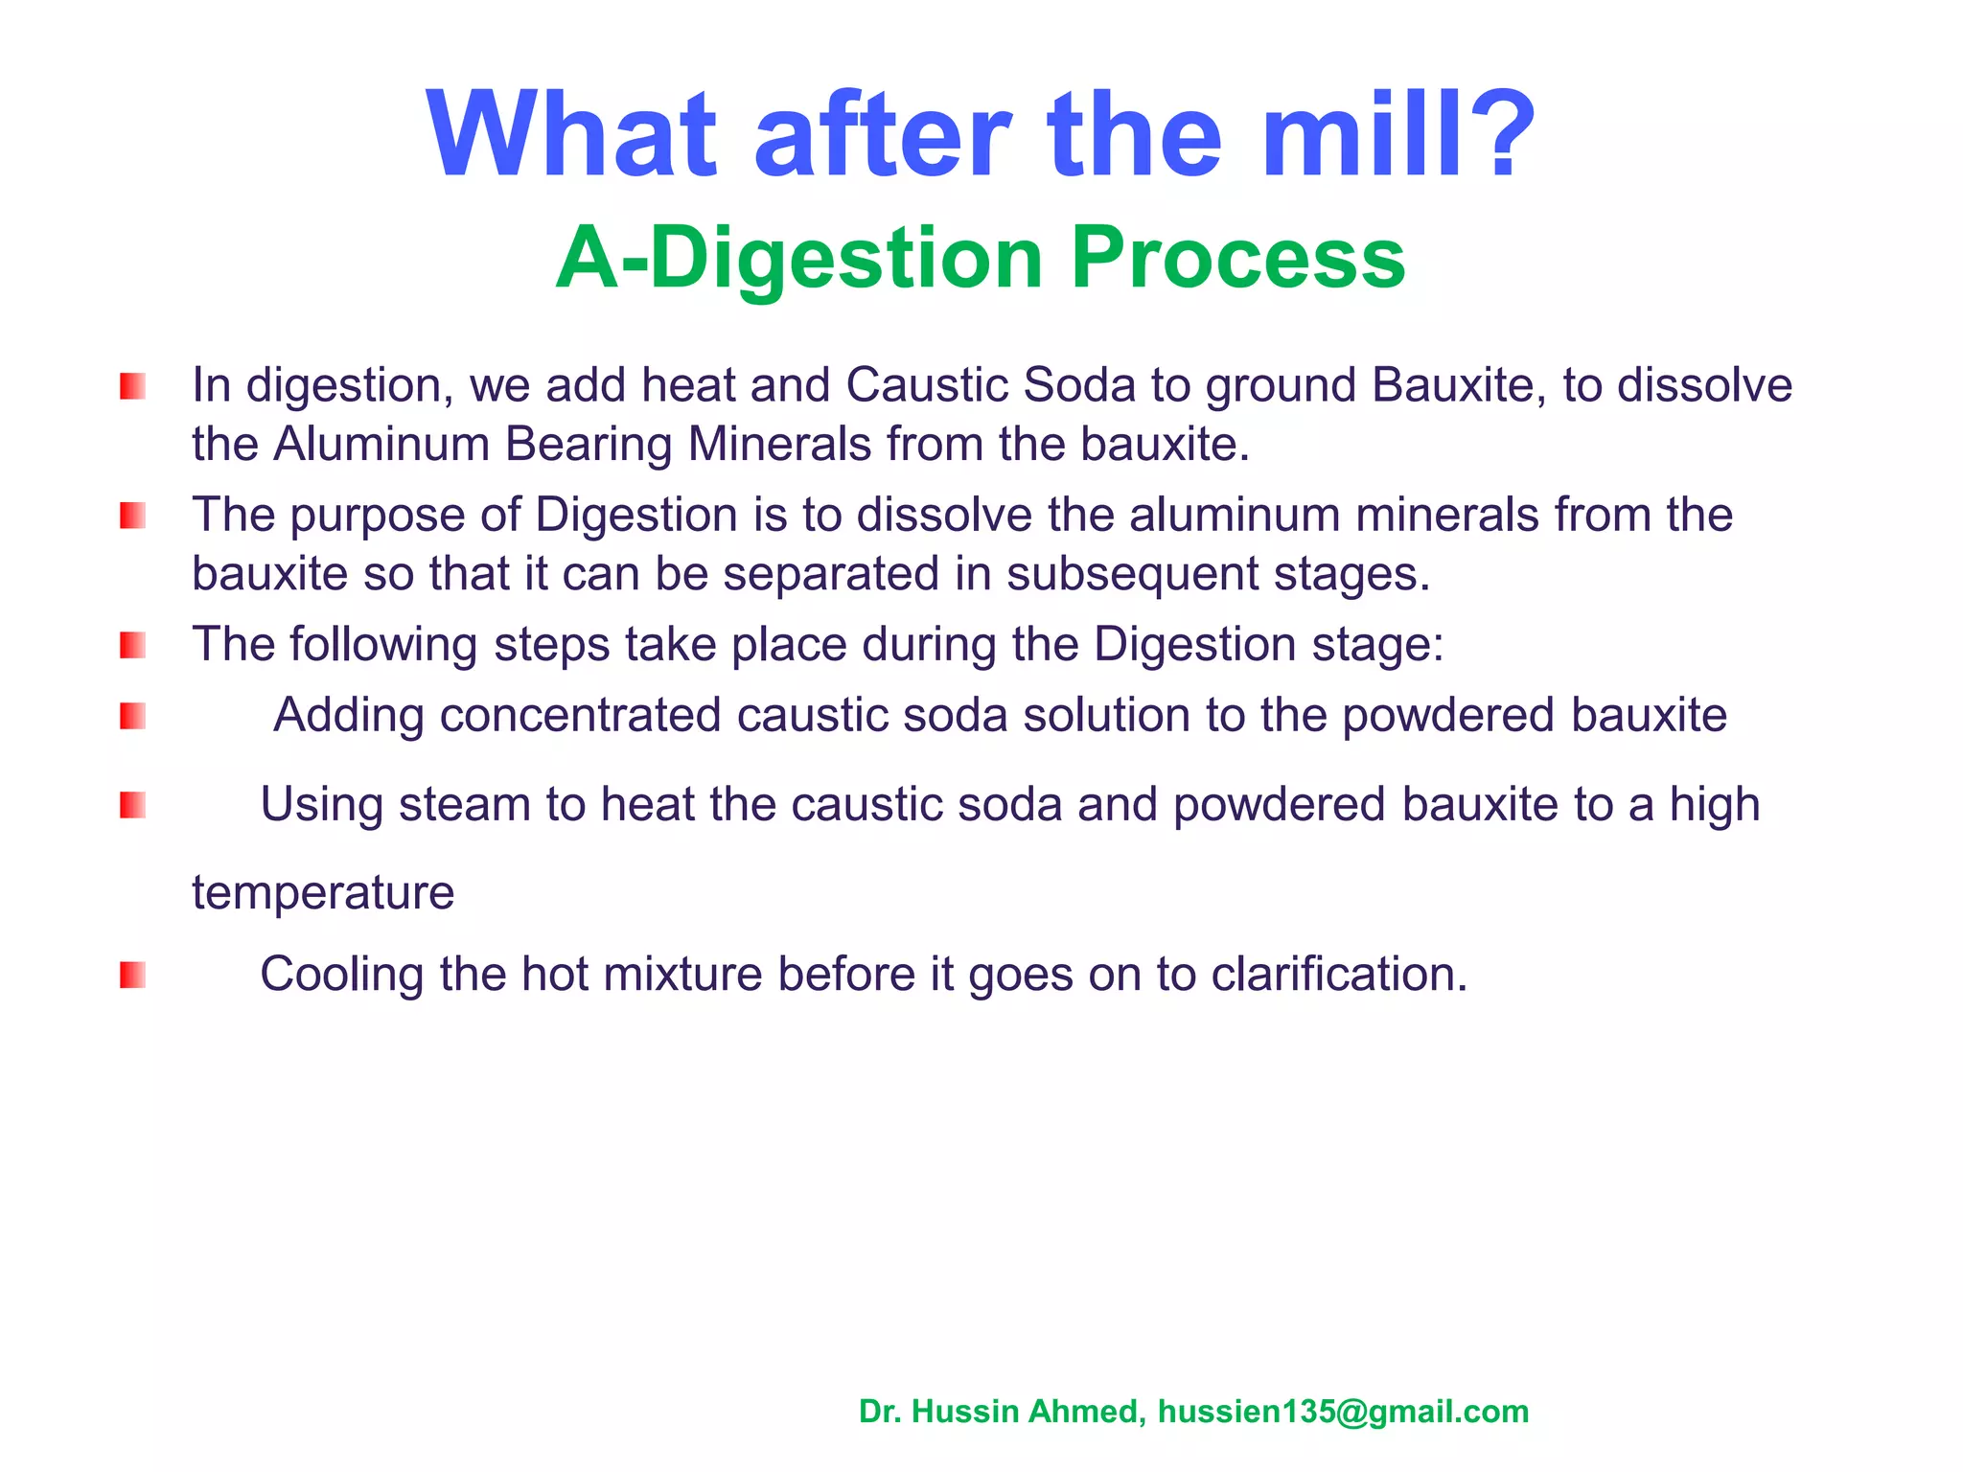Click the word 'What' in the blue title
571,136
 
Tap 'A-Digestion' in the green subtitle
798,261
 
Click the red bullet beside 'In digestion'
132,387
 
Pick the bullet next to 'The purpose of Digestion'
132,517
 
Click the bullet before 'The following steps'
132,646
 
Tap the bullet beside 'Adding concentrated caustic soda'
132,717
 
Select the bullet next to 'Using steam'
132,806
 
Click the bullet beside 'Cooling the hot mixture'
132,976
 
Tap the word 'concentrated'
580,716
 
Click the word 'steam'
465,805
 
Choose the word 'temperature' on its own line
323,894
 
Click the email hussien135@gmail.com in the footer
1343,1412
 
